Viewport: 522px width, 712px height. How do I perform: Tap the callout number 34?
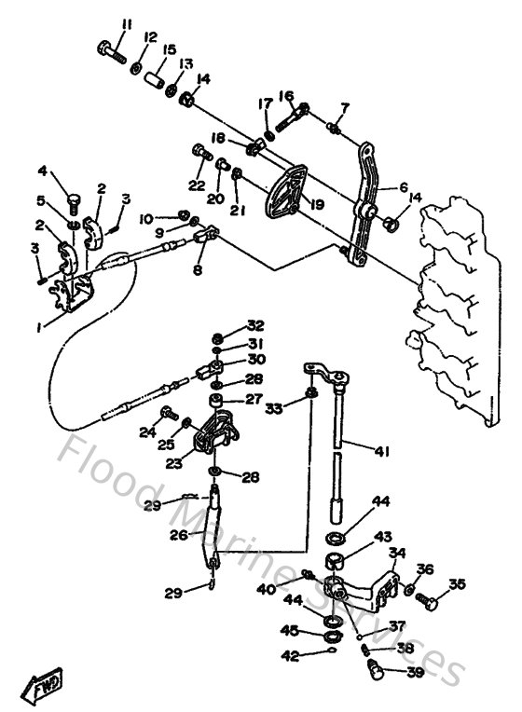[x=398, y=553]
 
